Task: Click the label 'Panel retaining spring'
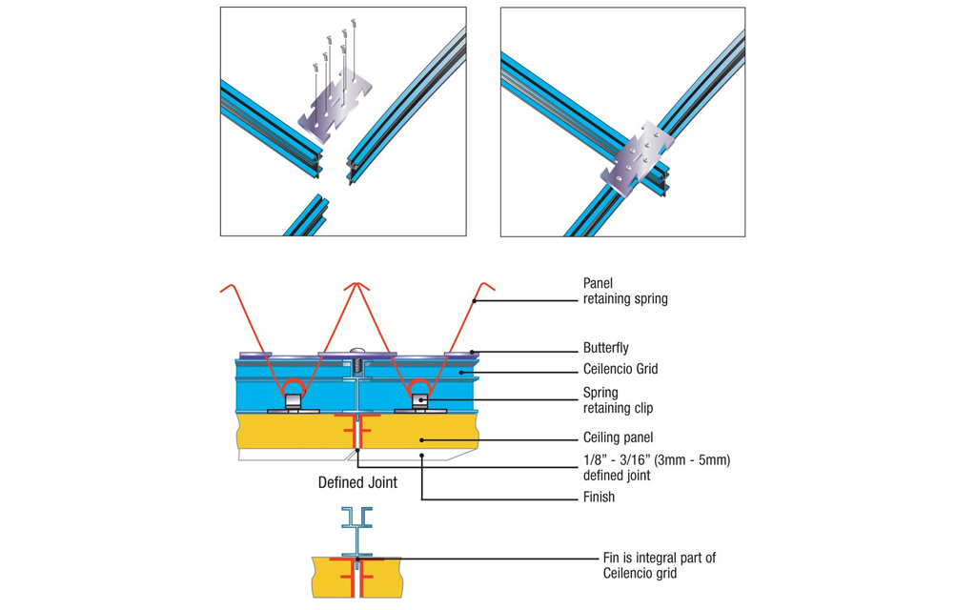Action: pyautogui.click(x=624, y=291)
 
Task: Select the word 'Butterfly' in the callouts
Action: pyautogui.click(x=605, y=348)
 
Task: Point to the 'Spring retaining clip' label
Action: pyautogui.click(x=618, y=399)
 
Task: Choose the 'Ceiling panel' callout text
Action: pyautogui.click(x=618, y=437)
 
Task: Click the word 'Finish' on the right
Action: pyautogui.click(x=599, y=497)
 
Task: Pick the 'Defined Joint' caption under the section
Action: pyautogui.click(x=357, y=482)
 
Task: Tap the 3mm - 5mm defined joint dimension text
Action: pyautogui.click(x=656, y=467)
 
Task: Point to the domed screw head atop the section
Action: pyautogui.click(x=357, y=350)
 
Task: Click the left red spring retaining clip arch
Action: pyautogui.click(x=295, y=389)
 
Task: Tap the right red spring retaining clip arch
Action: pyautogui.click(x=419, y=389)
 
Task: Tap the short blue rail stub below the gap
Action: pyautogui.click(x=307, y=214)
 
